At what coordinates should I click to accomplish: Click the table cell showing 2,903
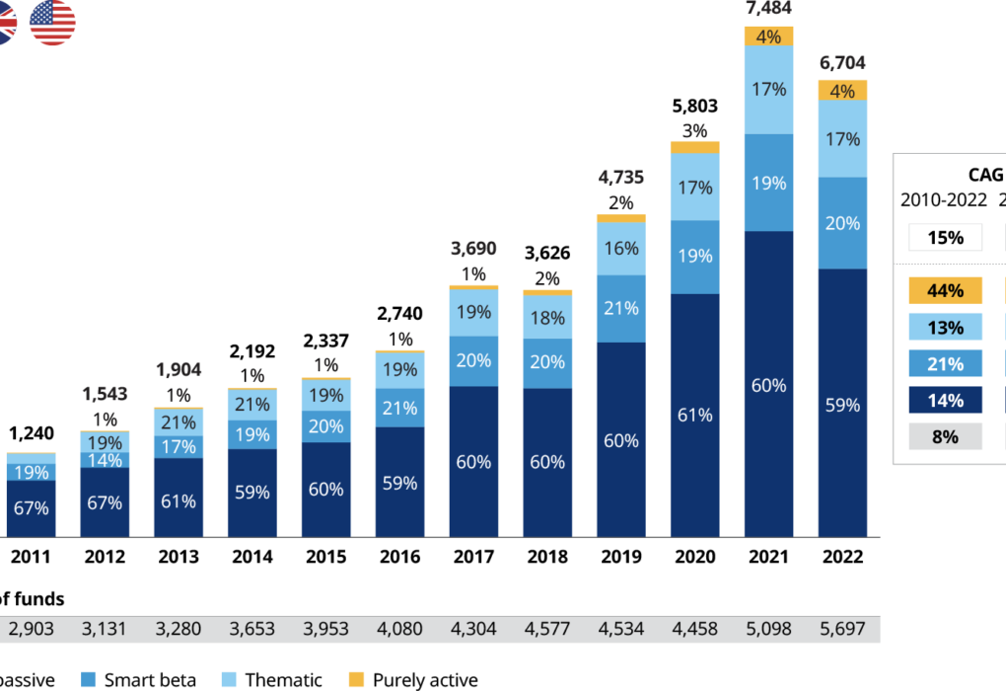(32, 629)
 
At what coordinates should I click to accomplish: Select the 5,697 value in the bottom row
(842, 629)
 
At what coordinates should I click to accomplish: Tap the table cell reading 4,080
(399, 629)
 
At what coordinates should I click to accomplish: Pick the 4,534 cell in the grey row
(621, 629)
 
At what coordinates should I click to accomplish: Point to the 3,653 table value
(252, 629)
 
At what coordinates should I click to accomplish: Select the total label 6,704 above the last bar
(842, 63)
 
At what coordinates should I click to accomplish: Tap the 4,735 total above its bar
(620, 178)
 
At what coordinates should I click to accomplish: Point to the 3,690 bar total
(473, 249)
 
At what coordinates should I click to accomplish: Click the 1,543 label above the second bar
(105, 394)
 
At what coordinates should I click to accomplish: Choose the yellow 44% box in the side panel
(945, 290)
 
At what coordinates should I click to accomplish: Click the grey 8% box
(945, 436)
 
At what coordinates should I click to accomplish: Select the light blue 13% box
(945, 327)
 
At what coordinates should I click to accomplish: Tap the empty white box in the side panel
(945, 237)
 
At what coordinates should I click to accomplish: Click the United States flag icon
(52, 22)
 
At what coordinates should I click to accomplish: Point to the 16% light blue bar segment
(621, 249)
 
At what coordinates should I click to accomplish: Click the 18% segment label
(547, 318)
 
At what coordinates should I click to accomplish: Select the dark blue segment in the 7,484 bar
(768, 384)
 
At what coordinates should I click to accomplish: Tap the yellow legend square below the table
(356, 679)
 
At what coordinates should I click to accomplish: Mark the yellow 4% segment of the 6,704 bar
(842, 91)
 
